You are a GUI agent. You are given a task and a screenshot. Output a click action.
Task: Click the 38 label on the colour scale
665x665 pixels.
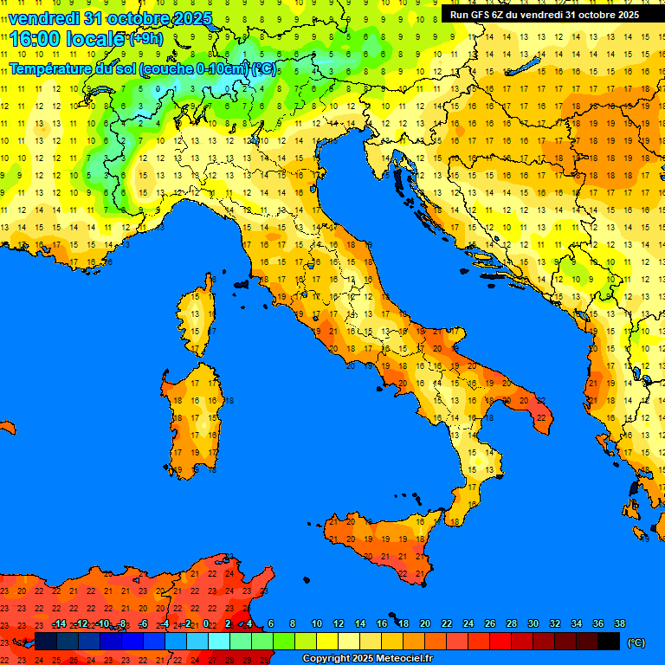[x=619, y=623]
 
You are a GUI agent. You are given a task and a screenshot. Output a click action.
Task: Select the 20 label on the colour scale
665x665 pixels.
[x=425, y=623]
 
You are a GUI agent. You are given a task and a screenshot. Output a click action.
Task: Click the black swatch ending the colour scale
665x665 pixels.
[x=609, y=641]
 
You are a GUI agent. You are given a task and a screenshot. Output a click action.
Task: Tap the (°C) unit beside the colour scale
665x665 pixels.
[x=636, y=642]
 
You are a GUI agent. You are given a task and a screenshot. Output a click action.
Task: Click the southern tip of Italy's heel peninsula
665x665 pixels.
[x=542, y=422]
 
